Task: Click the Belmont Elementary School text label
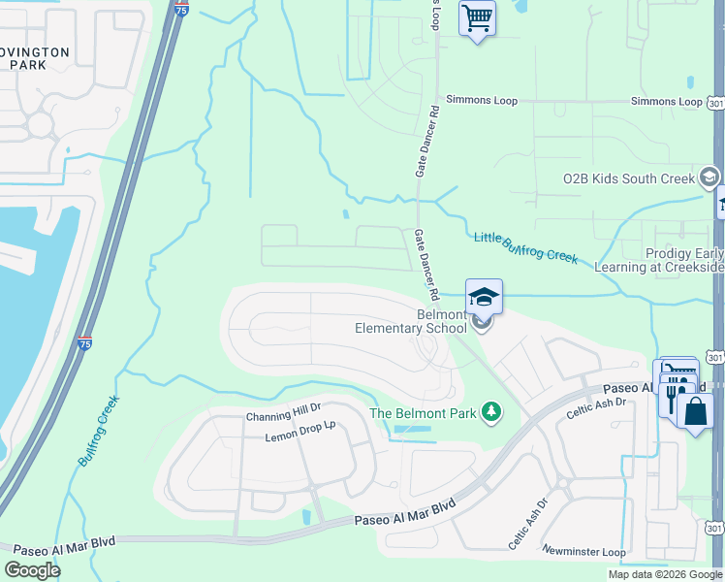411,321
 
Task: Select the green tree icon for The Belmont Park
492,413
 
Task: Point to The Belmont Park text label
425,413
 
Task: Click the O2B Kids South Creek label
629,179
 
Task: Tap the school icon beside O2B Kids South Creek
709,178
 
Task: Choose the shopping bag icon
695,410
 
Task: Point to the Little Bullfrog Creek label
525,247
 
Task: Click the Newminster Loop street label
583,552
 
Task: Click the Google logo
33,569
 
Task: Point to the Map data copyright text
664,574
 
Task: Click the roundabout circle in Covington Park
40,124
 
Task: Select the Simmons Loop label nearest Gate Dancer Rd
482,101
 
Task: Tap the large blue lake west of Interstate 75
29,291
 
